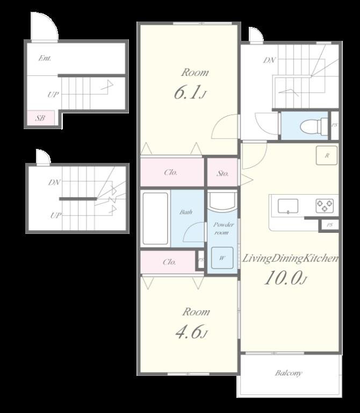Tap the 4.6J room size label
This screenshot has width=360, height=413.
coord(191,332)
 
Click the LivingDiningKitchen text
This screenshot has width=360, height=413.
coord(291,259)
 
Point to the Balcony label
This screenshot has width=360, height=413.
coord(289,373)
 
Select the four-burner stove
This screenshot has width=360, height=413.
coord(324,204)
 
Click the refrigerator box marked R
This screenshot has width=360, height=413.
coord(326,155)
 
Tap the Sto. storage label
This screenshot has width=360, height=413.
coord(223,173)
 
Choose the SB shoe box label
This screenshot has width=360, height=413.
coord(40,118)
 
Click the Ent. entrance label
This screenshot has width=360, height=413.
coord(45,58)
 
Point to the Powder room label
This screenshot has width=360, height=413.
coord(222,229)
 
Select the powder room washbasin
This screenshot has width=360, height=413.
coord(222,202)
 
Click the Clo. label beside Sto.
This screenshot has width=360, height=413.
coord(171,173)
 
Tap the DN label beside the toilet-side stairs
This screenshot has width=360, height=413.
coord(269,60)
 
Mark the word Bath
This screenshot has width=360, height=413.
coord(186,212)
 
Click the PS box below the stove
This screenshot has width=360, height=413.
coord(329,225)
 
